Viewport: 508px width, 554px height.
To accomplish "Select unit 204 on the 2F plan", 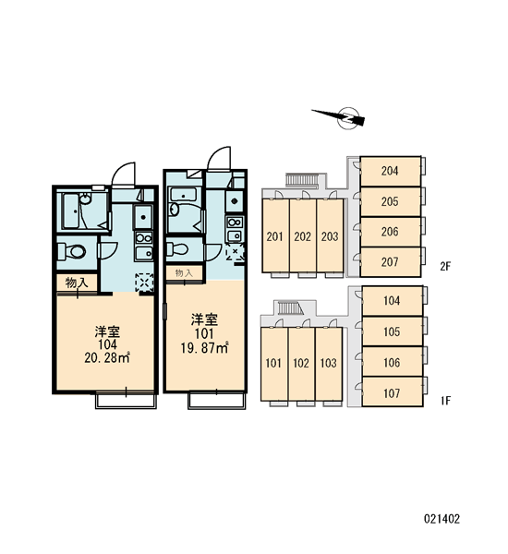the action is point(391,172).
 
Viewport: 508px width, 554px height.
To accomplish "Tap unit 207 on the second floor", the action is point(391,262).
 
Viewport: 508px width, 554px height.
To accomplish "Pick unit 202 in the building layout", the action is point(303,236).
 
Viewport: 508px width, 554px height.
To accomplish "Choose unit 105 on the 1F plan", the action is point(392,331).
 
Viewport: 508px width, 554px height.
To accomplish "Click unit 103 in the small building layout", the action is point(329,364).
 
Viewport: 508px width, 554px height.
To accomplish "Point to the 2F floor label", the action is point(446,266).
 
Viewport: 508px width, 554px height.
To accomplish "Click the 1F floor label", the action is point(446,401).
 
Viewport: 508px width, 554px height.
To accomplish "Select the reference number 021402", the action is point(441,519).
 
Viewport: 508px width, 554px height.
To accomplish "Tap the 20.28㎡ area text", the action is point(107,357).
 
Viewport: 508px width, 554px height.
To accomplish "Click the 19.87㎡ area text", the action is point(204,348).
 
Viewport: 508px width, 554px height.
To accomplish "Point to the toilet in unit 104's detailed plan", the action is point(72,251).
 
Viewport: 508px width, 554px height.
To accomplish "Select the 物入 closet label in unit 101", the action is point(184,273).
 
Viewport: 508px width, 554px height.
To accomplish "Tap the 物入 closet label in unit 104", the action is point(76,283).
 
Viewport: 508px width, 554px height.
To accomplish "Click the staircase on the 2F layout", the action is point(301,180).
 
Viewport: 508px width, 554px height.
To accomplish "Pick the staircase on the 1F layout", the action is point(289,307).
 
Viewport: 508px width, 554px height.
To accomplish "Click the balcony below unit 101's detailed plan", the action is point(217,401).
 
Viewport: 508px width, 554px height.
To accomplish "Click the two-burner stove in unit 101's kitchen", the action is point(235,223).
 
